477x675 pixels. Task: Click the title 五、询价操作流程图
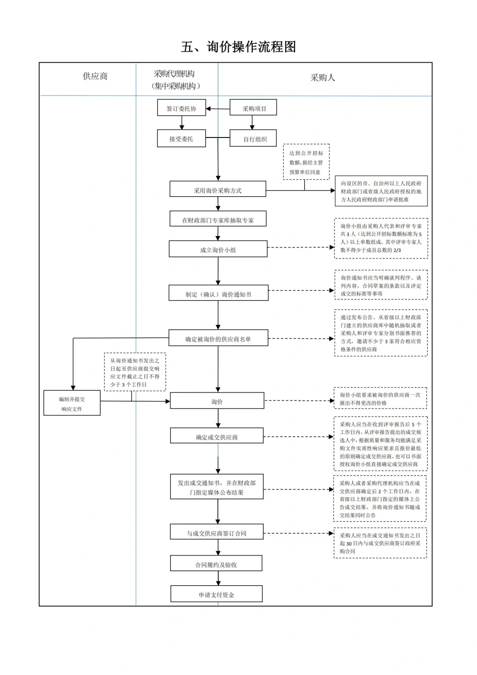238,47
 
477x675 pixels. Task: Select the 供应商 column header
95,76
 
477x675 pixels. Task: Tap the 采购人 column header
322,78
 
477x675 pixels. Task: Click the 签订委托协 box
182,108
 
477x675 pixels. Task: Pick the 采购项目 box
254,108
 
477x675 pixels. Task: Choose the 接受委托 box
182,139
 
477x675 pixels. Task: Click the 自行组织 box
254,139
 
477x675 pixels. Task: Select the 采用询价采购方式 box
218,190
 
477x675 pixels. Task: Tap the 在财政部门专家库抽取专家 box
218,220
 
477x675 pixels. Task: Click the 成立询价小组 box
218,250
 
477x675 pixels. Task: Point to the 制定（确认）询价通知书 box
218,294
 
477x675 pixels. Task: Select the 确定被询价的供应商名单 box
218,339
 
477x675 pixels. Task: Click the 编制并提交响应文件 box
72,404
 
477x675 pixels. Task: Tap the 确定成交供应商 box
217,437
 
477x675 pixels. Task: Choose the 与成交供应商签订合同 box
216,533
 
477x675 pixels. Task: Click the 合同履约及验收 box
216,564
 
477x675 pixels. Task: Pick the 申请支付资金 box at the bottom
216,595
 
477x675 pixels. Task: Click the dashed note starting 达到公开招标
306,162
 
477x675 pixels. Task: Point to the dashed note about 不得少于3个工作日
135,372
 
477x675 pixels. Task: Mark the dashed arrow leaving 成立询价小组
300,248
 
